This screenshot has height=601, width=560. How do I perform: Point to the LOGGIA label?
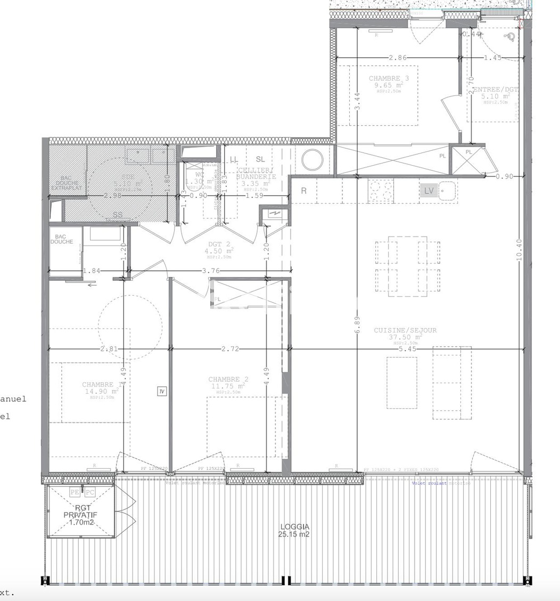pyautogui.click(x=294, y=527)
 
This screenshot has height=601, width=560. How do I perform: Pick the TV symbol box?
pyautogui.click(x=162, y=392)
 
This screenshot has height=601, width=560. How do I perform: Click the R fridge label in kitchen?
pyautogui.click(x=303, y=191)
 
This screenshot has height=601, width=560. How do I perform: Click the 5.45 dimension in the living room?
pyautogui.click(x=408, y=349)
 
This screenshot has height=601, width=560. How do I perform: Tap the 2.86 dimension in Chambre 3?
pyautogui.click(x=398, y=58)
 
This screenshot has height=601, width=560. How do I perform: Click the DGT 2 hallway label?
pyautogui.click(x=218, y=245)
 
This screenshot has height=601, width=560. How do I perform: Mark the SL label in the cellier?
pyautogui.click(x=260, y=159)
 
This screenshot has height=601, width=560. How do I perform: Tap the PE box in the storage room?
pyautogui.click(x=75, y=493)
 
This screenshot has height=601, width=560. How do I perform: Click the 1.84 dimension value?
pyautogui.click(x=92, y=271)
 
